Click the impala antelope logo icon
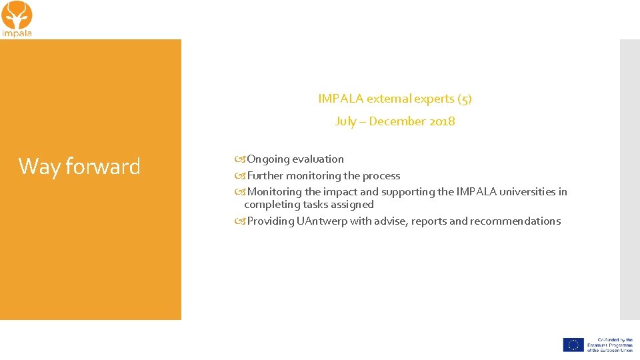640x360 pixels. [17, 15]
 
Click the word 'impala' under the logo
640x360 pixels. [17, 33]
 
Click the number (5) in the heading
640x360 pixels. [464, 99]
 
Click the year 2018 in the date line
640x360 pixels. [441, 121]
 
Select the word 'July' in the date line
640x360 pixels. [345, 121]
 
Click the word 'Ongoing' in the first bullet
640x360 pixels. [269, 159]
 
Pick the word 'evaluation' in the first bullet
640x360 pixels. [319, 159]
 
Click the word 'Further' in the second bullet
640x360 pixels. [265, 176]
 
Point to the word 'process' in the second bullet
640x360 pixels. [381, 176]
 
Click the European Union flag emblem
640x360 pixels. [573, 345]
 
